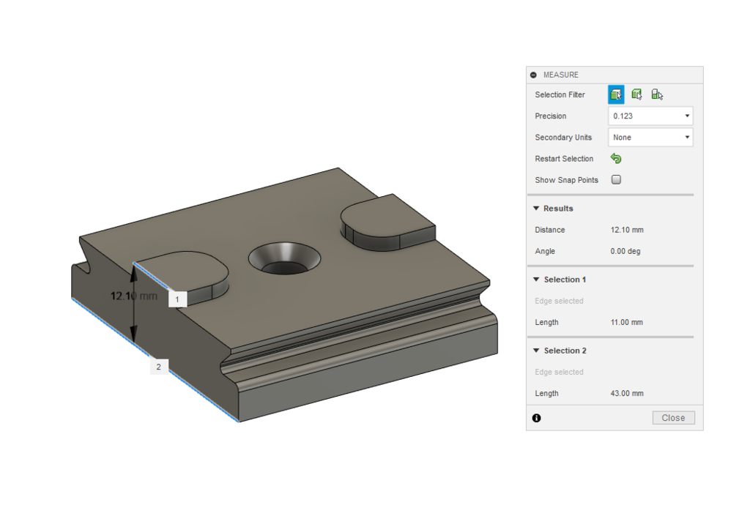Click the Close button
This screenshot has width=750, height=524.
coord(673,418)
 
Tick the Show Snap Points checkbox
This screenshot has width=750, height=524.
coord(616,180)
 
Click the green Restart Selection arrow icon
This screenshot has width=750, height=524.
coord(616,159)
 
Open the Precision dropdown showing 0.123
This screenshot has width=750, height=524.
coord(650,116)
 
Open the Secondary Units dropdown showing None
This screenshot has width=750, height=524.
coord(650,138)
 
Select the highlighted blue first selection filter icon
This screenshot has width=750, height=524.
coord(616,94)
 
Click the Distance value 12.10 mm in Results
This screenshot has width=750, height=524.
coord(627,230)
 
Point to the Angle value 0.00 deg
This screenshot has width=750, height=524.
coord(626,251)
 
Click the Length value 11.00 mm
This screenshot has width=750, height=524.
coord(626,322)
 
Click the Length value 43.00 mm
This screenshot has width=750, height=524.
coord(627,393)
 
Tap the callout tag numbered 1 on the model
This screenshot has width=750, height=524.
coord(177,299)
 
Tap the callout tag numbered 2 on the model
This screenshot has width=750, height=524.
coord(159,366)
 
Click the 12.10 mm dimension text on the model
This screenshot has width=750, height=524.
coord(134,296)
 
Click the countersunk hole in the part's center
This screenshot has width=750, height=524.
coord(283,258)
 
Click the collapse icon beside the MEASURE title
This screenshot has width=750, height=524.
coord(533,75)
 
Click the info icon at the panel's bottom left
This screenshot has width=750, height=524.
coord(536,418)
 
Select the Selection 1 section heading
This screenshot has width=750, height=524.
coord(564,280)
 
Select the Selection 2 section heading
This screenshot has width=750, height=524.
coord(564,351)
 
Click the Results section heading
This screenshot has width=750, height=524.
coord(558,209)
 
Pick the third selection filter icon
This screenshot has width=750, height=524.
coord(657,94)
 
